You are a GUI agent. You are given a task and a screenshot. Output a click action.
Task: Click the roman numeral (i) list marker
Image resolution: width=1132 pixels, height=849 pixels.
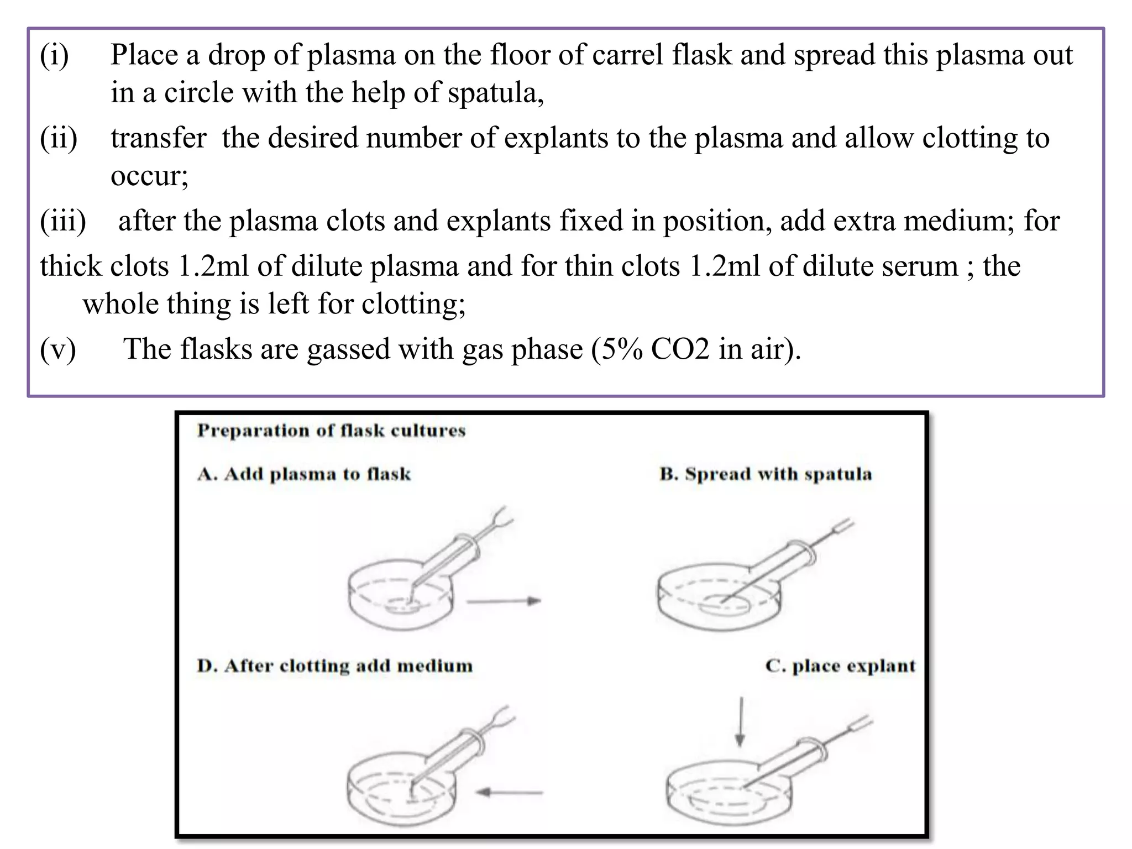pos(54,55)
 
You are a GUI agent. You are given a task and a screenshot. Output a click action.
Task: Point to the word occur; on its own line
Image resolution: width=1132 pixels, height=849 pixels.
pos(149,176)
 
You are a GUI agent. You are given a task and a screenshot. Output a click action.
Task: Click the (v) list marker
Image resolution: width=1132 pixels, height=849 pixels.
pos(58,349)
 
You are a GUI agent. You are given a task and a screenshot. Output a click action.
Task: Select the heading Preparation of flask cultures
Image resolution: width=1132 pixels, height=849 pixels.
pos(331,431)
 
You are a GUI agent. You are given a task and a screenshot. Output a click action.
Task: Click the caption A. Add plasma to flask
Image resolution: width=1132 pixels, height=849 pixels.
pos(304,474)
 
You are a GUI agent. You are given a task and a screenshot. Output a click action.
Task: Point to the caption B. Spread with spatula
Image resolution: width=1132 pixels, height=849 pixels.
pos(766,474)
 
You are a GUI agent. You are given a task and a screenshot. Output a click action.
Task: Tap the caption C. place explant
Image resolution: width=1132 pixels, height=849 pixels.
pos(840,666)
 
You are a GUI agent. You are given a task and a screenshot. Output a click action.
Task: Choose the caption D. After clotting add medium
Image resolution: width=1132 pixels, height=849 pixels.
pos(334,666)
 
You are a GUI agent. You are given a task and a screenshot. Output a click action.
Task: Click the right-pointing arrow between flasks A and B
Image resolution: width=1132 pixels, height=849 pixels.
pos(503,601)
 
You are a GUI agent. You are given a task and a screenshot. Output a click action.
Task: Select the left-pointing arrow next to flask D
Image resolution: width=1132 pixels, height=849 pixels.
pos(509,793)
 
